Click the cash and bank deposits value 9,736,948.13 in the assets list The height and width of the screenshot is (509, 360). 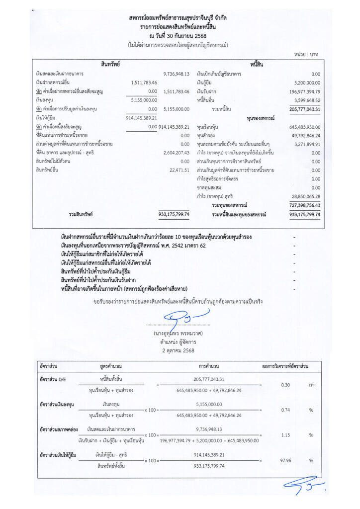click(x=177, y=74)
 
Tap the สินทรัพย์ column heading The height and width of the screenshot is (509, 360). click(x=110, y=64)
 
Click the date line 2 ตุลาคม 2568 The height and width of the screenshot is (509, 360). click(x=178, y=350)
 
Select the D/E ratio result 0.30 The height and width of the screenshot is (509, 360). click(x=285, y=385)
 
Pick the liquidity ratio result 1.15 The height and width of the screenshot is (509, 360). click(x=285, y=435)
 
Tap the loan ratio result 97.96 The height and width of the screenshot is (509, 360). click(x=285, y=460)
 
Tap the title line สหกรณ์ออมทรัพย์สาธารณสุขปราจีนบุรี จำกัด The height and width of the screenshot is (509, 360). click(x=180, y=18)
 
